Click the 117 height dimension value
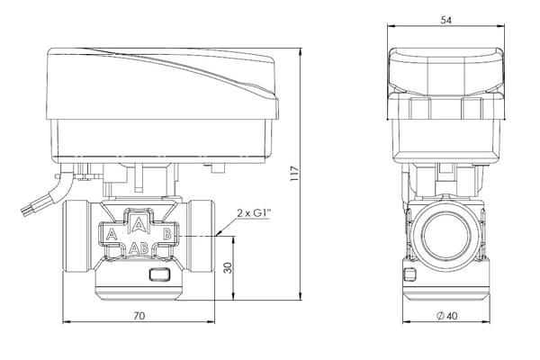pyautogui.click(x=295, y=174)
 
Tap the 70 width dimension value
pyautogui.click(x=139, y=316)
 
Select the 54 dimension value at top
pyautogui.click(x=446, y=21)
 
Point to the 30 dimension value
pyautogui.click(x=228, y=267)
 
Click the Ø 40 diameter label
pyautogui.click(x=447, y=316)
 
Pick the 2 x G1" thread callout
pyautogui.click(x=254, y=213)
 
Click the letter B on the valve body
pyautogui.click(x=166, y=234)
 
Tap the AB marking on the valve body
pyautogui.click(x=139, y=247)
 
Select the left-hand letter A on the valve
pyautogui.click(x=112, y=234)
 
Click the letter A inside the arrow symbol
pyautogui.click(x=139, y=224)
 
